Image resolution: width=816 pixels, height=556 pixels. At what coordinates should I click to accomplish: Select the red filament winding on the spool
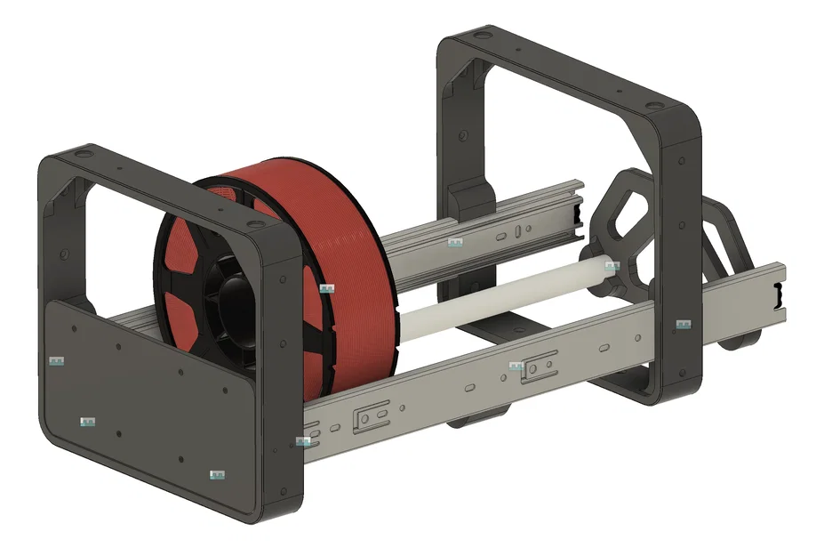pyautogui.click(x=329, y=222)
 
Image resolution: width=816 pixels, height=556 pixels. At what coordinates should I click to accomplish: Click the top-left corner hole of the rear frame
pyautogui.click(x=481, y=36)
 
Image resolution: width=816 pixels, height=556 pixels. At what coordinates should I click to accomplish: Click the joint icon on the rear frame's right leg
pyautogui.click(x=683, y=326)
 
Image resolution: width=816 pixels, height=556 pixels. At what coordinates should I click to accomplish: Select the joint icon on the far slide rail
pyautogui.click(x=455, y=242)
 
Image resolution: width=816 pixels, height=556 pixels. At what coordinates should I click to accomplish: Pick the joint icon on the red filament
pyautogui.click(x=327, y=288)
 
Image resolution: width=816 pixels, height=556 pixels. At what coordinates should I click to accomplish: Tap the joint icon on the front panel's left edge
pyautogui.click(x=58, y=361)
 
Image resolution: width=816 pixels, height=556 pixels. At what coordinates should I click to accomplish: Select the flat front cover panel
pyautogui.click(x=142, y=400)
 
